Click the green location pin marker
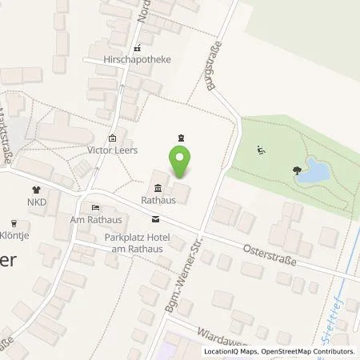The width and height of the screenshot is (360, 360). tap(181, 162)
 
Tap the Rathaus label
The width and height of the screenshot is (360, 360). tap(158, 202)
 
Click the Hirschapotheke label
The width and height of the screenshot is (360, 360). tap(138, 59)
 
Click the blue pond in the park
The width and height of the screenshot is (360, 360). tap(314, 171)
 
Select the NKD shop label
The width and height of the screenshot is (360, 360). tap(35, 203)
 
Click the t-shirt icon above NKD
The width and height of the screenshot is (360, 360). tap(35, 190)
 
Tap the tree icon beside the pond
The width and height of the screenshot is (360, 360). tap(298, 170)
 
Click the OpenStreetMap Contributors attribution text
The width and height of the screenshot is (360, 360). tap(309, 351)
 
